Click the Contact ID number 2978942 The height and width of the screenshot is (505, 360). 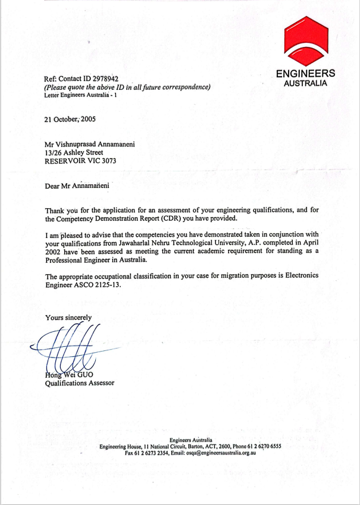(104, 79)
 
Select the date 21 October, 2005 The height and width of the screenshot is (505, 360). (70, 119)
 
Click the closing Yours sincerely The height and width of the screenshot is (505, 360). (68, 318)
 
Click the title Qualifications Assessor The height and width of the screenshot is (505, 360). (80, 383)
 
